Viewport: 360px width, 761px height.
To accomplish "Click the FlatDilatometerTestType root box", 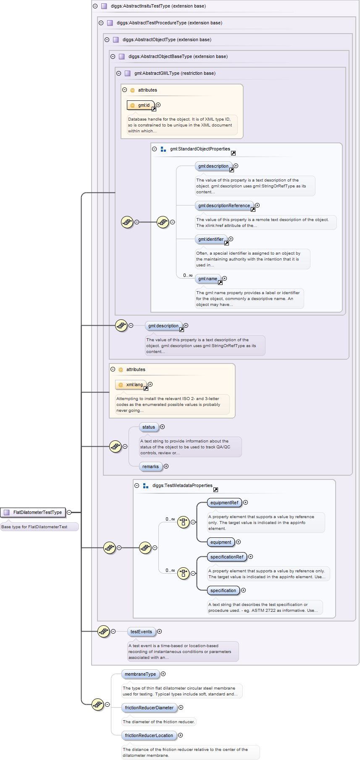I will [33, 512].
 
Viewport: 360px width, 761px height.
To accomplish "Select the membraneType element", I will [140, 674].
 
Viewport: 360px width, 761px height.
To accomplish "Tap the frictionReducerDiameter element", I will [149, 708].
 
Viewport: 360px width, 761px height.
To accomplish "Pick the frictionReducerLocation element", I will [149, 735].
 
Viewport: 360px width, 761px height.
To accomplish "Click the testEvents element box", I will [141, 632].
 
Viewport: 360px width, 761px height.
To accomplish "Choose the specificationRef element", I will [227, 557].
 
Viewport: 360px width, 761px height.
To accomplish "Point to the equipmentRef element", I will [224, 503].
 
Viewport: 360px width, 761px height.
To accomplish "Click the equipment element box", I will [221, 542].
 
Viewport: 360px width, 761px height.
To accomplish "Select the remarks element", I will [150, 466].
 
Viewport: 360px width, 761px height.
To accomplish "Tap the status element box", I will [149, 427].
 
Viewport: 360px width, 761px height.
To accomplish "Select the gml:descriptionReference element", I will [224, 205].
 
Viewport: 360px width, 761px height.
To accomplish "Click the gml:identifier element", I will [211, 239].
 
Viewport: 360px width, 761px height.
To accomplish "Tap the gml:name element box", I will [208, 279].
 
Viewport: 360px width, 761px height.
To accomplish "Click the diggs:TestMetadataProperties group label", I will [182, 485].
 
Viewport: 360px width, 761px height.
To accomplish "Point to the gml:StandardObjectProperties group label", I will [200, 149].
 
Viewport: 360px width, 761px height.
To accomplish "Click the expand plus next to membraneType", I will [163, 674].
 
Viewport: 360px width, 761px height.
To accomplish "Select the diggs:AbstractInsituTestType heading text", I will [158, 6].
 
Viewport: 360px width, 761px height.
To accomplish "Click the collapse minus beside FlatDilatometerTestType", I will [69, 512].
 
